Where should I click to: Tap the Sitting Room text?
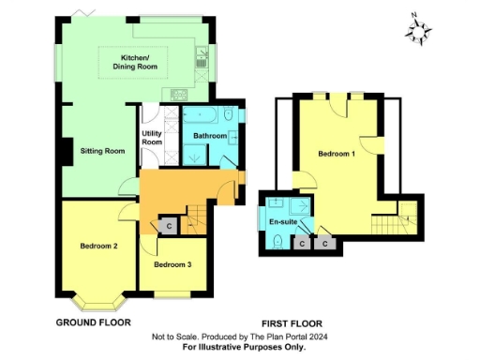(x=102, y=150)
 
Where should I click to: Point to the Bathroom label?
(x=209, y=136)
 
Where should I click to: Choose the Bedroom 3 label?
(x=172, y=264)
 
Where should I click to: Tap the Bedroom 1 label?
(x=336, y=153)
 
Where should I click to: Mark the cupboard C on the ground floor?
(x=168, y=226)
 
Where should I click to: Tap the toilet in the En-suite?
(x=279, y=240)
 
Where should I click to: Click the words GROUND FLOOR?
(x=93, y=322)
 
